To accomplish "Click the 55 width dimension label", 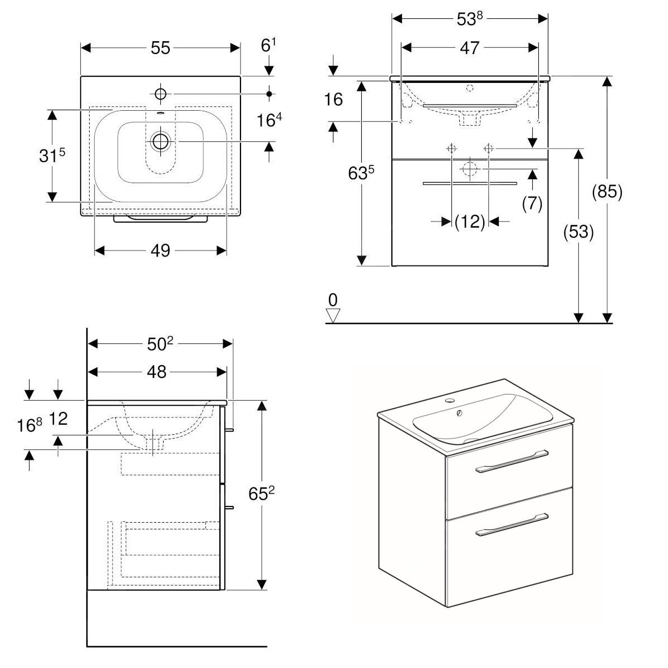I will pos(160,48).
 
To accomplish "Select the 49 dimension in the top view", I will pos(160,251).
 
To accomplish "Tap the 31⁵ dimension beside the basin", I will pos(52,156).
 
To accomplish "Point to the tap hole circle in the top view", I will pos(160,94).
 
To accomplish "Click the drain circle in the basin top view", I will pos(161,141).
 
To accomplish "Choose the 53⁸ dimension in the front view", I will pos(469,18).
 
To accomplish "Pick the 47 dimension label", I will pos(469,48).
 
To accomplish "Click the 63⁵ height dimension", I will pos(361,173).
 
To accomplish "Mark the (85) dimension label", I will pos(607,192).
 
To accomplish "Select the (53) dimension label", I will pos(579,231).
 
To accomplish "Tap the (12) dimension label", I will pos(470,222).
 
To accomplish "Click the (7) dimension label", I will pos(532,203).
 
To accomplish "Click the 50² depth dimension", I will pos(160,344).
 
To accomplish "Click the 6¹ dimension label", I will pos(269,46).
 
